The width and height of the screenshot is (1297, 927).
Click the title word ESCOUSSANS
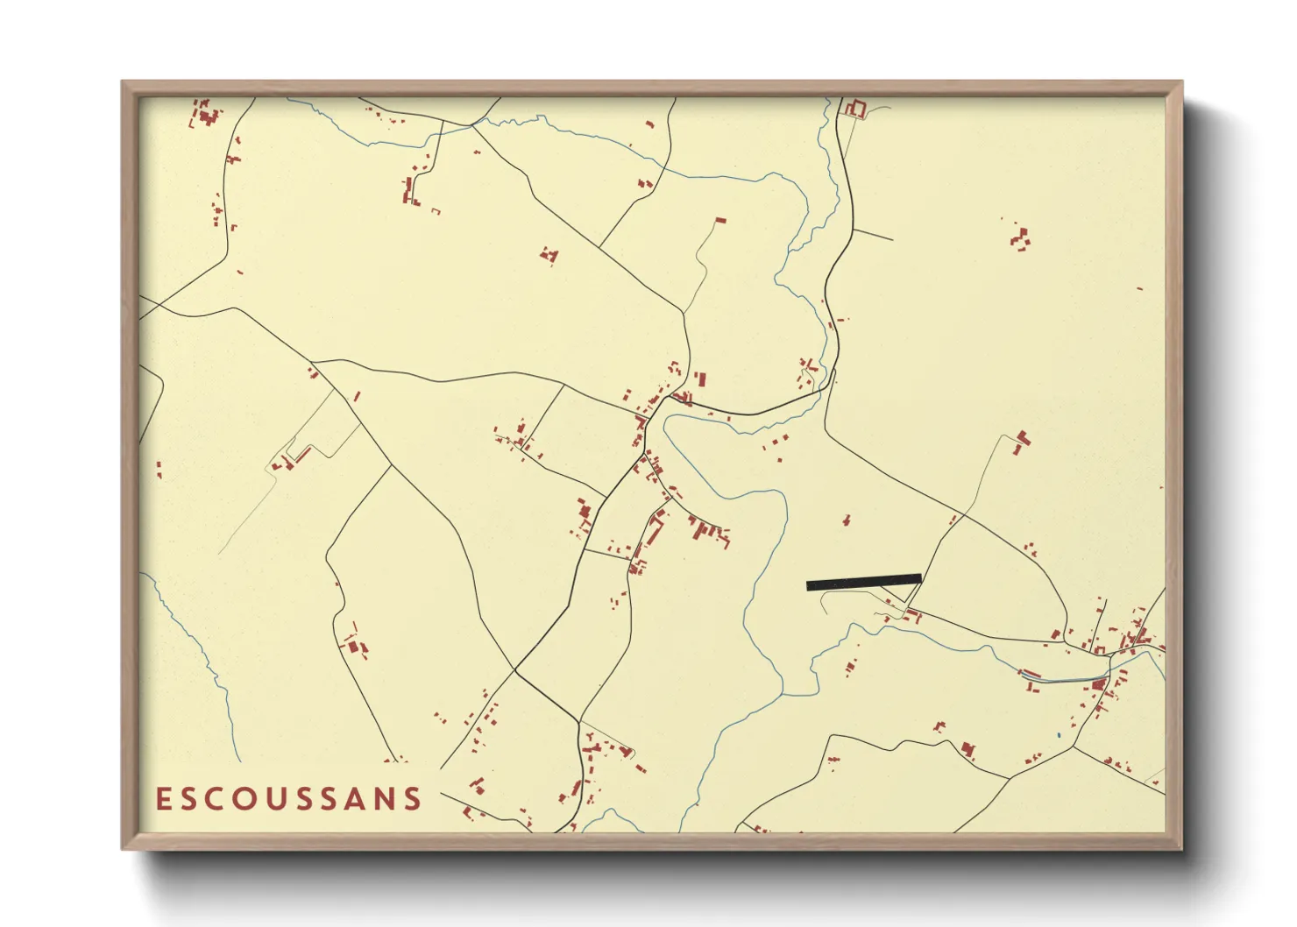pos(288,799)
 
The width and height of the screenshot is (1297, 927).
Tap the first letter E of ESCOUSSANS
pos(162,799)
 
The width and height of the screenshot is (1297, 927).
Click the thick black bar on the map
pos(863,582)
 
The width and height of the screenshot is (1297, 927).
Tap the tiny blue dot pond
pos(1059,734)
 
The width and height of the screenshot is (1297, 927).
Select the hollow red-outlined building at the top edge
pos(855,109)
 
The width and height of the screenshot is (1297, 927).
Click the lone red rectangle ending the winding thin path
pos(720,220)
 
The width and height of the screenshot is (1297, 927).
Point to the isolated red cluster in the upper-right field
pos(1019,237)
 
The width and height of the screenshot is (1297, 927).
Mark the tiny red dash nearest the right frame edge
pos(1139,288)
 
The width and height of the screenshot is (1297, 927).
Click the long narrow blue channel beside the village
pos(1060,679)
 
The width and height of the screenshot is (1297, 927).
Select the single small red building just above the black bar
pos(846,520)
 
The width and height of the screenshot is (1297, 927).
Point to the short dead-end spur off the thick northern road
pos(873,235)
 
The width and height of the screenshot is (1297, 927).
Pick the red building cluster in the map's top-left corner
pos(206,114)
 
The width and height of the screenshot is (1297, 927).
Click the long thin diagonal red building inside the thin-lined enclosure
pos(302,455)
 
